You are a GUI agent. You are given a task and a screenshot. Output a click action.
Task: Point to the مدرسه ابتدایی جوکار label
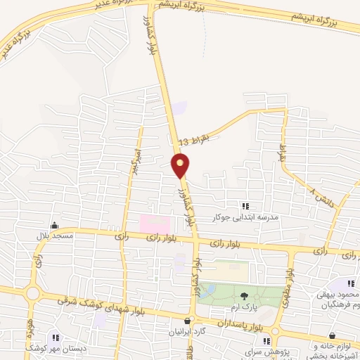click(250, 217)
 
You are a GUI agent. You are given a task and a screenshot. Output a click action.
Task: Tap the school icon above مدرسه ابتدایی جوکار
click(245, 206)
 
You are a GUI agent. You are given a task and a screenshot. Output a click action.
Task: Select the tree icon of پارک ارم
click(244, 296)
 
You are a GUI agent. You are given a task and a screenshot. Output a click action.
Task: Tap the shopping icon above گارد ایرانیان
click(187, 321)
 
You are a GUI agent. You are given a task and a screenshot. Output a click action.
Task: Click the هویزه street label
click(30, 326)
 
